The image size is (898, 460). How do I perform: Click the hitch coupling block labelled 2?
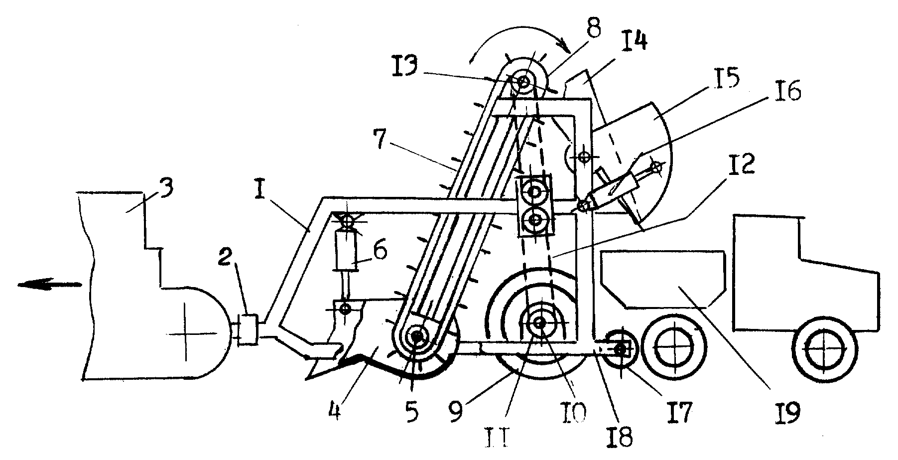coord(247,329)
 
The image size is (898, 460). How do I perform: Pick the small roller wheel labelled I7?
coord(621,350)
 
